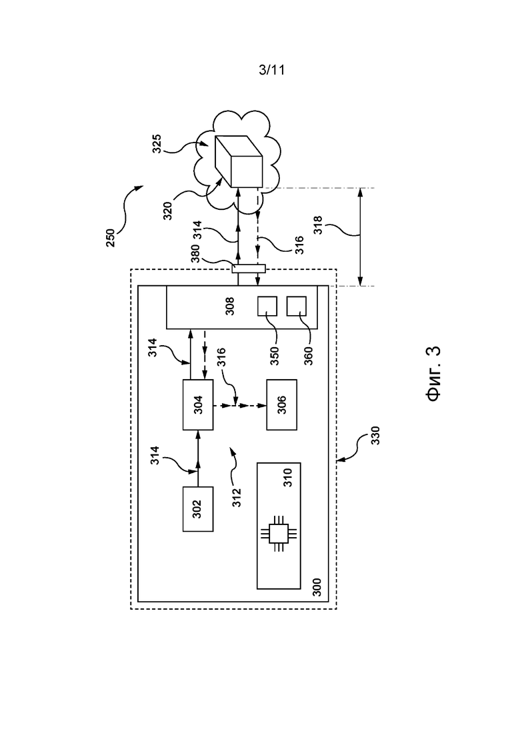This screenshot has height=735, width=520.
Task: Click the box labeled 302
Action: coord(198,508)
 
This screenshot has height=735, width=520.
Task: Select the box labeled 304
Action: coord(198,404)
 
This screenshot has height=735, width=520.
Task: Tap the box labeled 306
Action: coord(281,404)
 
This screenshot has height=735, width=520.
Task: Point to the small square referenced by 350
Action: coord(267,306)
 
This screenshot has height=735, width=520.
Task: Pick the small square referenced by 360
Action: coord(297,306)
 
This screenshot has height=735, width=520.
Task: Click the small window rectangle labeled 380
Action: coord(249,269)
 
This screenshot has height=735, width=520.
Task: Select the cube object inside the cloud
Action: coord(238,161)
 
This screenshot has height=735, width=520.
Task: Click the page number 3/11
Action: coord(272,70)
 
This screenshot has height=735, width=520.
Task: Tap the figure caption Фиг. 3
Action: coord(434,374)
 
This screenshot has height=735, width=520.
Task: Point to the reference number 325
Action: coord(157,144)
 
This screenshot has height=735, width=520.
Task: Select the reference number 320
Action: coord(167,211)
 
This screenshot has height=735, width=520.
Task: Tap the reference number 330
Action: coord(375,435)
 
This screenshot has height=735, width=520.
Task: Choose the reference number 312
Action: coord(237,497)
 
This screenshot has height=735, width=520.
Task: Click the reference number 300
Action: coord(317,587)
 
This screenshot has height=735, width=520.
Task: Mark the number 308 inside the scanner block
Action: coord(230,307)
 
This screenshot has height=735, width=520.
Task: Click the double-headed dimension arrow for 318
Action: coord(360,237)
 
